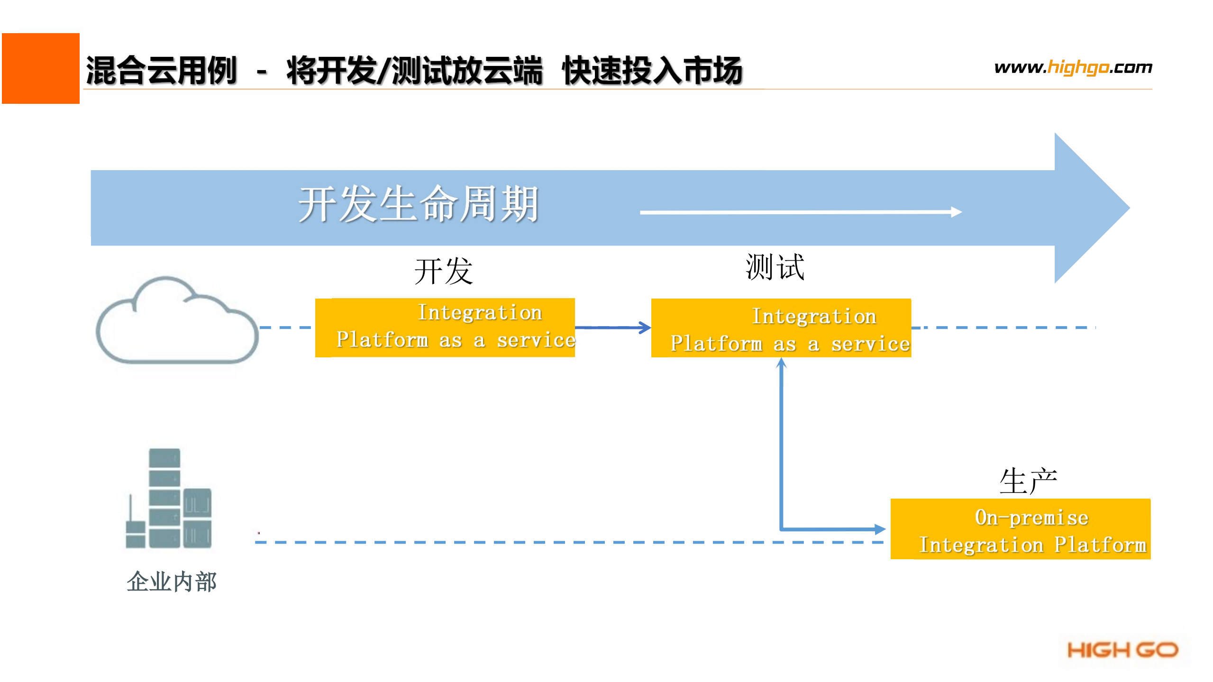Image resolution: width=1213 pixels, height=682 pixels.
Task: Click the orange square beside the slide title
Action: (41, 68)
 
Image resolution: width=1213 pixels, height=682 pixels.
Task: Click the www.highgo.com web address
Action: (1073, 67)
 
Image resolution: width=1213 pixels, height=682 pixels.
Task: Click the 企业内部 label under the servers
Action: (172, 581)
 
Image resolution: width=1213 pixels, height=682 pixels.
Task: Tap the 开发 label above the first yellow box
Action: (444, 271)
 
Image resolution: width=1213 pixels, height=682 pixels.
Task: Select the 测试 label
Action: (775, 267)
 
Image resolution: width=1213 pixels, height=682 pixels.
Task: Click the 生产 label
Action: (1028, 481)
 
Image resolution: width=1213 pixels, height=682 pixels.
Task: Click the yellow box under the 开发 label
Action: (445, 327)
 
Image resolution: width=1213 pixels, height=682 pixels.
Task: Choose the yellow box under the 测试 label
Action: (781, 328)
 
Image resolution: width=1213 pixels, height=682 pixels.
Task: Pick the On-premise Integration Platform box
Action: (1020, 529)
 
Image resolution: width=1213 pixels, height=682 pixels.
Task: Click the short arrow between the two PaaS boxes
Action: (612, 327)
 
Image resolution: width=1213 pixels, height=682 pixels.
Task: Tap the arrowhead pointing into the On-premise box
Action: (879, 529)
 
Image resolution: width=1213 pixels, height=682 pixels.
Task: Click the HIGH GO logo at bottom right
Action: (1122, 650)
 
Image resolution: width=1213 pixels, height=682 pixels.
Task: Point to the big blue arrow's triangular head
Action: (1090, 208)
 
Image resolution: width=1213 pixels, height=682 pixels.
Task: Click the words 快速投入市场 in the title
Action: (652, 70)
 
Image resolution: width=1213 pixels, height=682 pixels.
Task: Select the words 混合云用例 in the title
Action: (161, 70)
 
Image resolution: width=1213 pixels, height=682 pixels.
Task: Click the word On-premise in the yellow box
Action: (1031, 517)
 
